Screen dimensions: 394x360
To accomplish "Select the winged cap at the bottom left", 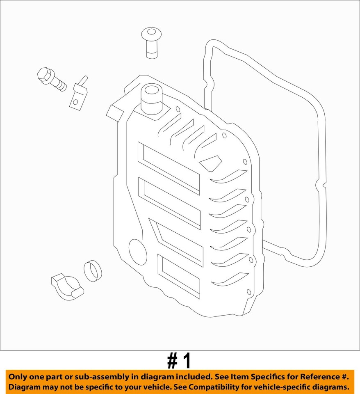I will coord(66,286).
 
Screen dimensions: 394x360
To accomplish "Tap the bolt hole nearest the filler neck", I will coord(178,109).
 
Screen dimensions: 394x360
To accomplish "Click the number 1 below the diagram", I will coord(187,361).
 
